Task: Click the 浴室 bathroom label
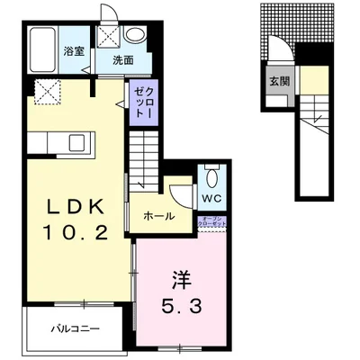(x=74, y=52)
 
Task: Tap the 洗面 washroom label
(x=123, y=61)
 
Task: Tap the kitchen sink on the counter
(x=76, y=143)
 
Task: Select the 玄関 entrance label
(x=276, y=79)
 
